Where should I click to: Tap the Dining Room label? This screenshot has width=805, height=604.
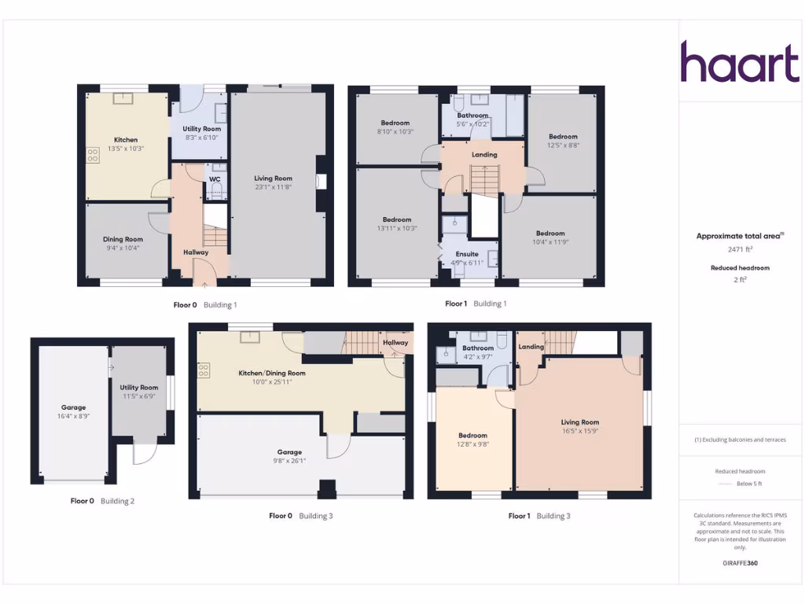123,239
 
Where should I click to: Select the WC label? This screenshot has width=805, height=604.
215,179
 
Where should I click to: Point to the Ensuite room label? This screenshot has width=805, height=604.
467,254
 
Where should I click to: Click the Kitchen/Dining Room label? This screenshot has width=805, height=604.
272,373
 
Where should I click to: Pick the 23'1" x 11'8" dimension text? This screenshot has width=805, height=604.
273,187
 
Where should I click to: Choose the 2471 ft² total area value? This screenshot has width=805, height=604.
740,249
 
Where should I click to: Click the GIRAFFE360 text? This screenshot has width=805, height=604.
739,563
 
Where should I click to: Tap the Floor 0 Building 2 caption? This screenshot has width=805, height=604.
102,501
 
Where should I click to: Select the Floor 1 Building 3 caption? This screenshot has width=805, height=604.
539,516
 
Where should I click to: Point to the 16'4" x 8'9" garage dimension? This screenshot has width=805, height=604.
74,416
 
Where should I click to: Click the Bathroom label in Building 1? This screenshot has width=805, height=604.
473,116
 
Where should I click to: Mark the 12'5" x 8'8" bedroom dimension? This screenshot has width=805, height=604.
563,145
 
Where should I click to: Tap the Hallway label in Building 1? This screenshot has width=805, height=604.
196,252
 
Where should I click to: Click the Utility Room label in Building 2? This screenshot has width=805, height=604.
139,388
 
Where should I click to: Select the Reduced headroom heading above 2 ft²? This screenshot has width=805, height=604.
740,268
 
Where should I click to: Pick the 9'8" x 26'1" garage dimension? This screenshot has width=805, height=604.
289,461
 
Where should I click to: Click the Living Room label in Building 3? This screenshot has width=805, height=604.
579,422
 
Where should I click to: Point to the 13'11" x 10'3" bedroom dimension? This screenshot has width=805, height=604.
397,228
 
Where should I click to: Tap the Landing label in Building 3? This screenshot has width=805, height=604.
531,347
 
